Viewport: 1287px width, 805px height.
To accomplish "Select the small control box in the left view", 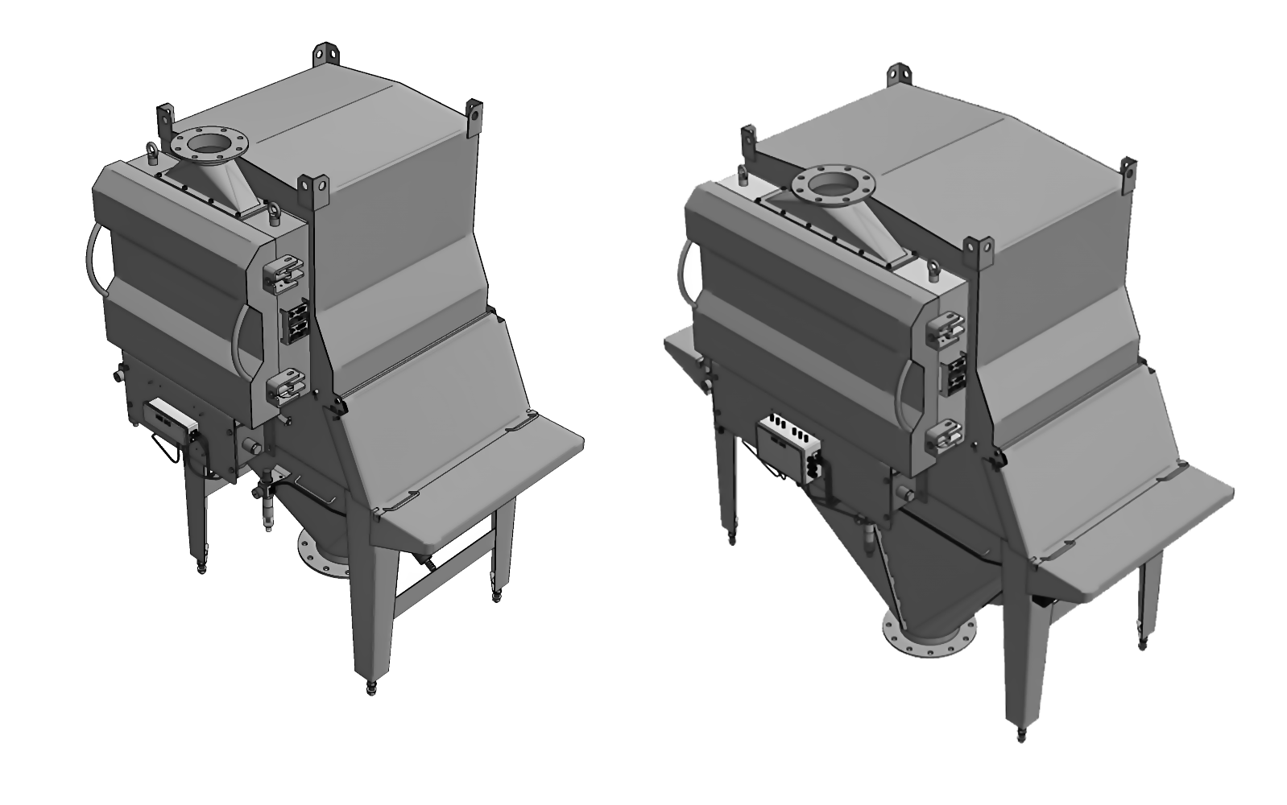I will pos(170,419).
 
